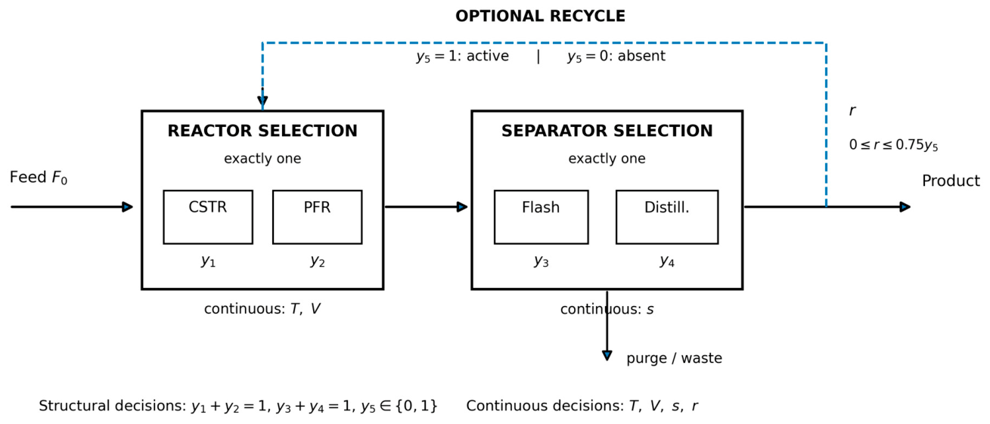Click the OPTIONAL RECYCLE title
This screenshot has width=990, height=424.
click(x=540, y=17)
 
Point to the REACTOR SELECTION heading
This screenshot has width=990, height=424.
click(x=262, y=131)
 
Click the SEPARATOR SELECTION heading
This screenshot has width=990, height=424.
click(x=607, y=131)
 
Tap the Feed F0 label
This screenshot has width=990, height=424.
click(x=39, y=178)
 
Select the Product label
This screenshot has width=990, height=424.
click(x=951, y=181)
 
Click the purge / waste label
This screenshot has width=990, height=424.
click(x=674, y=358)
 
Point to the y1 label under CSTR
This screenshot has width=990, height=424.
click(x=208, y=261)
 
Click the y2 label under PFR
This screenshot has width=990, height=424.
click(x=318, y=261)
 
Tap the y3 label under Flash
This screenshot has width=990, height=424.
click(x=541, y=261)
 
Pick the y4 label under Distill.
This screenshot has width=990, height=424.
click(x=667, y=261)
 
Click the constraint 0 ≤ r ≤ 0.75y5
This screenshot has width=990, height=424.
click(x=893, y=145)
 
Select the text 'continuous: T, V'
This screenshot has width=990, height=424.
click(x=262, y=308)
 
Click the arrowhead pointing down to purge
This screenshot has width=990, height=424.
click(x=607, y=355)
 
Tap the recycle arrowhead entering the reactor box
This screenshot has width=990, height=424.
click(x=262, y=101)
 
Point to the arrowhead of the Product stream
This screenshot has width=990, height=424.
click(x=905, y=206)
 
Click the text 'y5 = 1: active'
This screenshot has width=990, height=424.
click(x=462, y=57)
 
